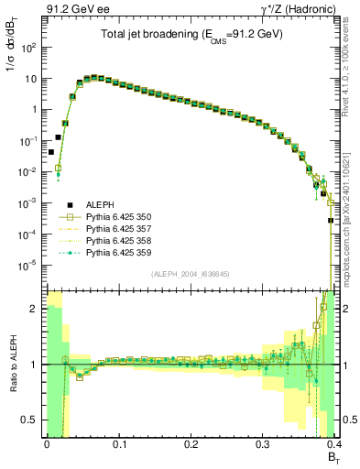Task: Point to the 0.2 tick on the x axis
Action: point(191,442)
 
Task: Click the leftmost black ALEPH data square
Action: point(51,152)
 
